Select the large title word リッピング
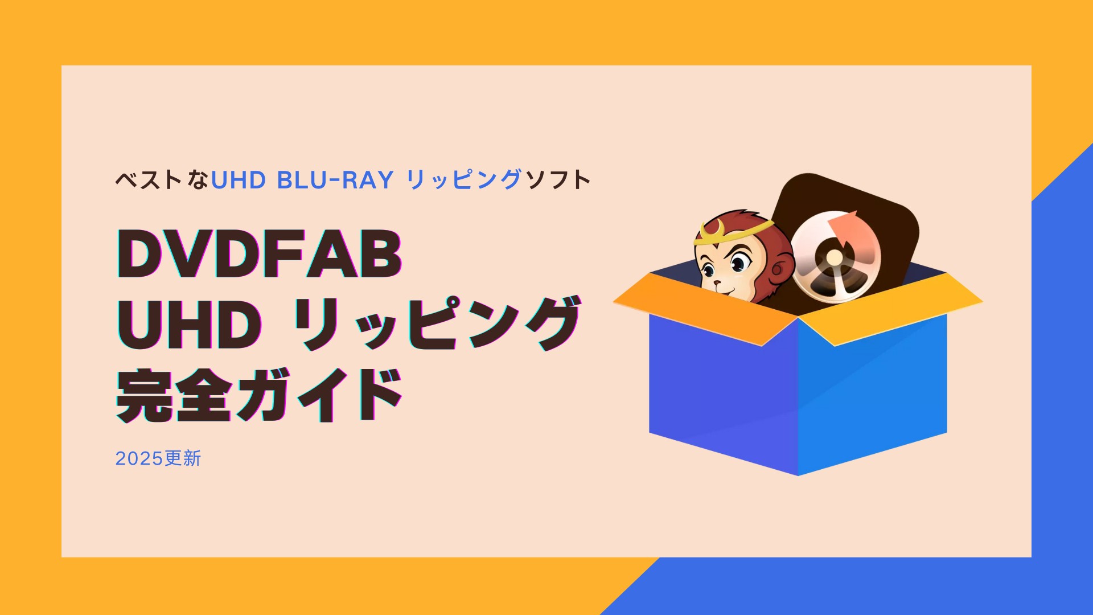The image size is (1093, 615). (x=437, y=323)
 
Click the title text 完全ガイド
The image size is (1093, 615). (x=260, y=395)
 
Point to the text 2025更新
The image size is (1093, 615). (x=158, y=458)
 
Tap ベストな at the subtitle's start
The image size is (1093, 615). (x=162, y=180)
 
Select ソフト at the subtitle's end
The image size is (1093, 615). (x=558, y=180)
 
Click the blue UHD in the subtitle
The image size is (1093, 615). (x=239, y=180)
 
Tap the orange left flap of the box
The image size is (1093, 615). (x=706, y=308)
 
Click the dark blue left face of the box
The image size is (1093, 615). (x=724, y=393)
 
